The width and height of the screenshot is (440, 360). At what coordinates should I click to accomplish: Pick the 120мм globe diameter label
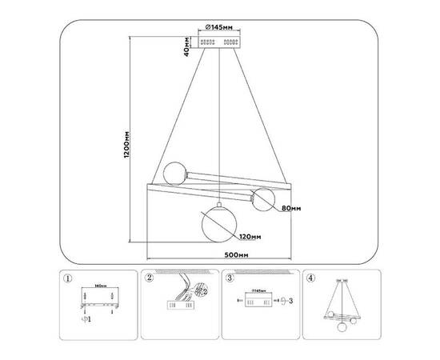click(x=249, y=237)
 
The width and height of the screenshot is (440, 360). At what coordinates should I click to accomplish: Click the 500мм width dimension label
click(x=219, y=254)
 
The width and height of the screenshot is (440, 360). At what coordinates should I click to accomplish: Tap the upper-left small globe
click(x=174, y=173)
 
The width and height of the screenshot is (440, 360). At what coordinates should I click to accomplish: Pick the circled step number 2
click(x=149, y=280)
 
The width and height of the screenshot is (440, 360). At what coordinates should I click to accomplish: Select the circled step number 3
click(x=230, y=280)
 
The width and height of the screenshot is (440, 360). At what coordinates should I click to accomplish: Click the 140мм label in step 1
click(x=100, y=286)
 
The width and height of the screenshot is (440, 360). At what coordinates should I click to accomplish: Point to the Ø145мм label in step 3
click(x=258, y=293)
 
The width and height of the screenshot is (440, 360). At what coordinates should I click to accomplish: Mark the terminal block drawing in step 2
click(x=177, y=305)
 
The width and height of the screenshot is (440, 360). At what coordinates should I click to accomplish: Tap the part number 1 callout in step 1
click(x=88, y=322)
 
